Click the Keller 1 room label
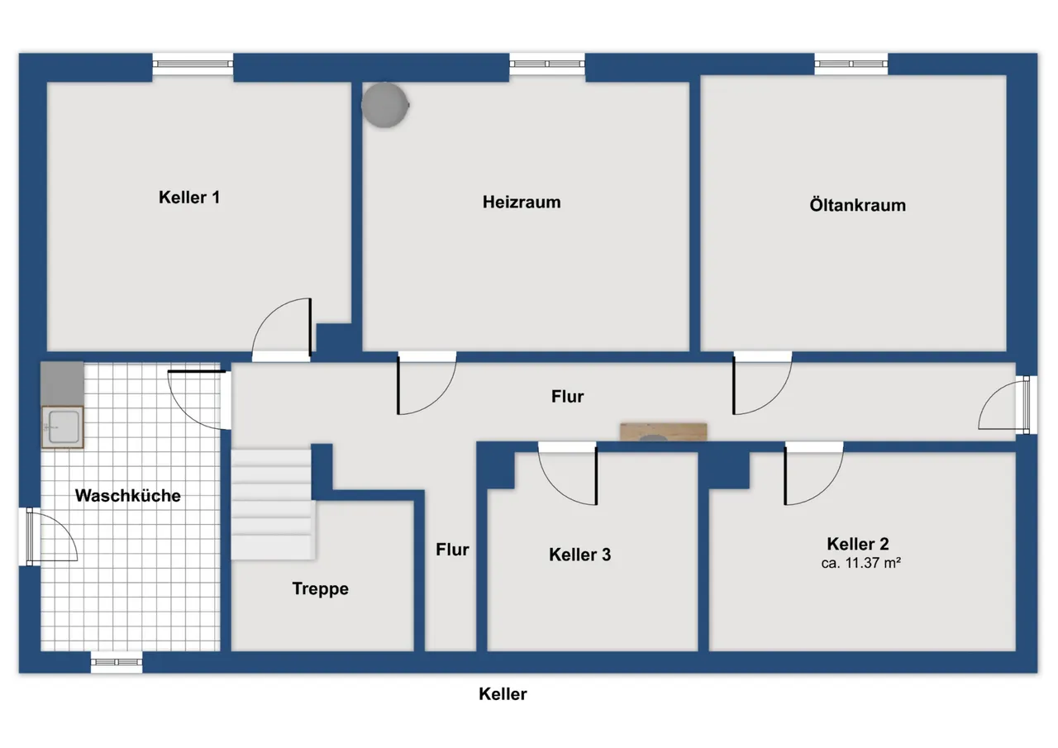point(189,198)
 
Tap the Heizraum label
point(522,202)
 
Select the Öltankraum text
point(858,205)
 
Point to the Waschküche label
point(127,495)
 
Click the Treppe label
point(320,588)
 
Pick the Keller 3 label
point(579,555)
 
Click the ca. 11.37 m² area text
point(860,563)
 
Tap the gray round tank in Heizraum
point(385,105)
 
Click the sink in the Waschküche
point(63,426)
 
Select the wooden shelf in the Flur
point(663,432)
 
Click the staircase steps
point(273,504)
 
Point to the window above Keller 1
point(193,64)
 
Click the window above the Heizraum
point(547,64)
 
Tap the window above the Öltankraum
point(851,64)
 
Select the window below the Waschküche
point(117,662)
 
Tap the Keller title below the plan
point(503,693)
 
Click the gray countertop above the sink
point(62,384)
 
